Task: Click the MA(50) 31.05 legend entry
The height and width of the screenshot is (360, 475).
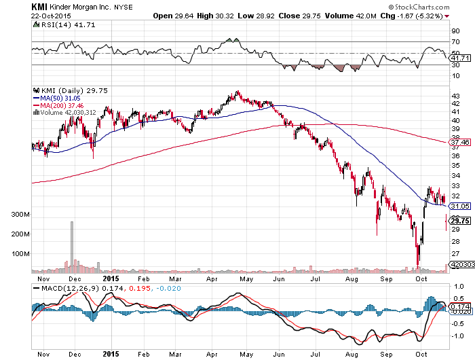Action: click(57, 97)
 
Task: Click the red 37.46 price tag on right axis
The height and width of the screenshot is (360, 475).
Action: click(460, 143)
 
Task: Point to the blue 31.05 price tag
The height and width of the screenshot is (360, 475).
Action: click(460, 206)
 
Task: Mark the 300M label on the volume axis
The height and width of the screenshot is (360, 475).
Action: click(40, 214)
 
